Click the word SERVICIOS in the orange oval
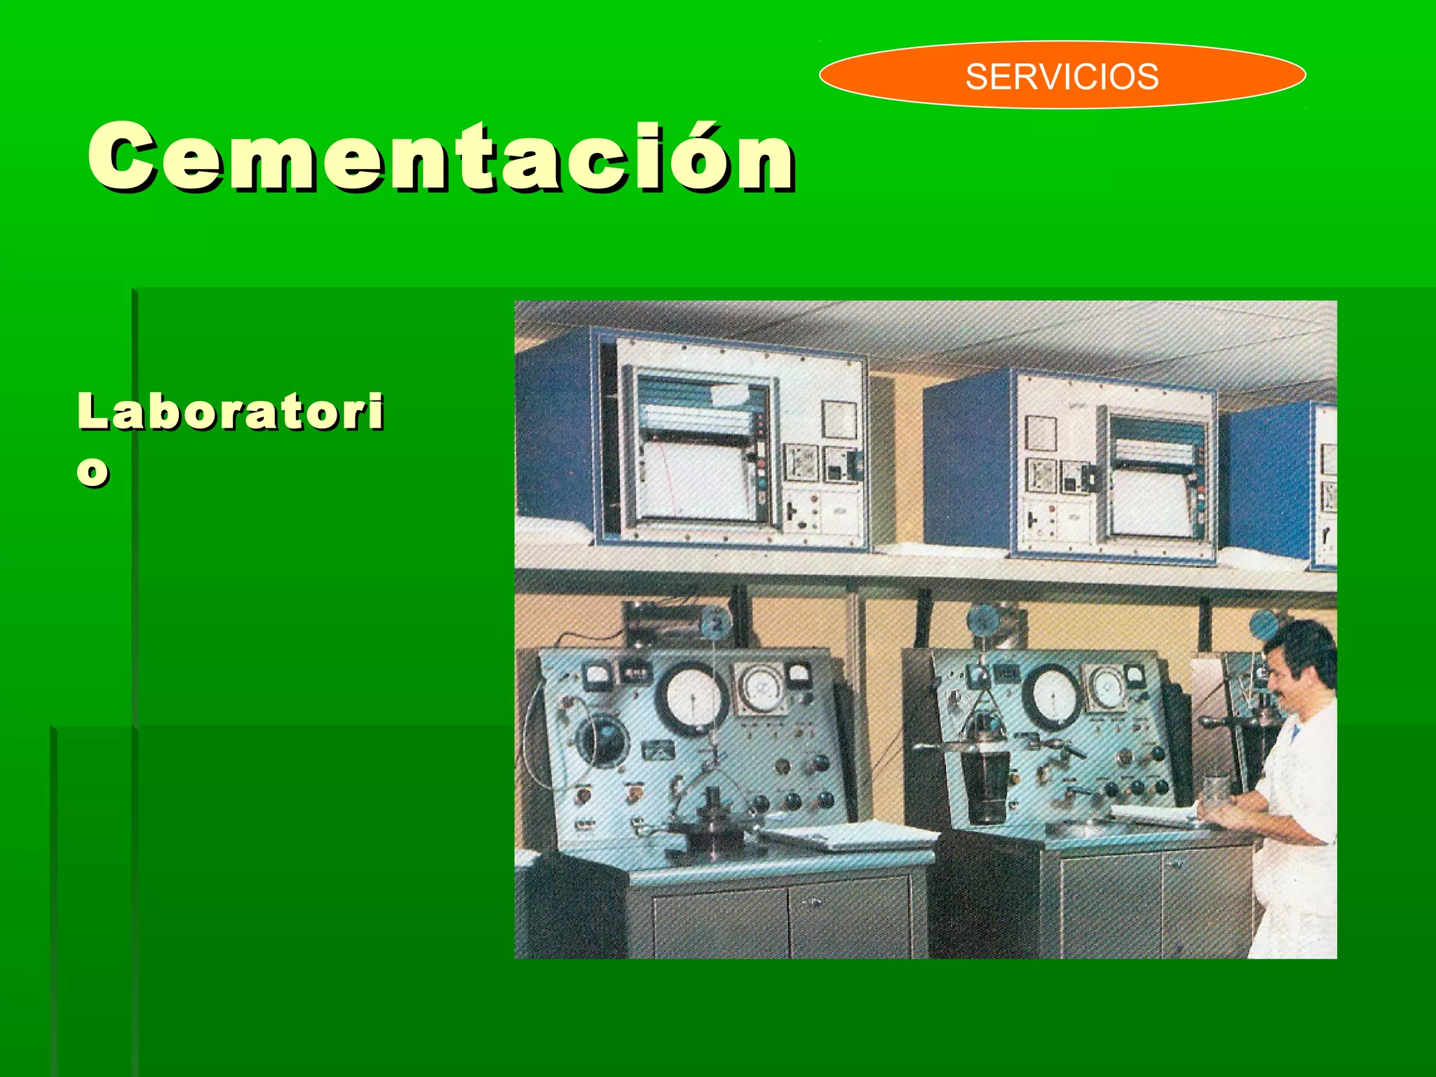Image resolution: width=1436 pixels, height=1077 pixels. (1062, 76)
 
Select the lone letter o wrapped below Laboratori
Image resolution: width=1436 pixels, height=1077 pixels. (93, 471)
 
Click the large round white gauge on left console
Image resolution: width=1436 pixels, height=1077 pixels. (691, 698)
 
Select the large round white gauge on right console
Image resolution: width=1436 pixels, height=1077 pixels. (1054, 696)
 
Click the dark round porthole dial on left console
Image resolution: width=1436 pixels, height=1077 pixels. (602, 740)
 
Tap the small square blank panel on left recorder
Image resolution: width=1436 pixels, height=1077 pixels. (839, 419)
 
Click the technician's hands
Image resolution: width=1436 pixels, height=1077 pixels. (1224, 813)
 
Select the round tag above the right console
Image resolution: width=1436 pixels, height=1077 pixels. (982, 619)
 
